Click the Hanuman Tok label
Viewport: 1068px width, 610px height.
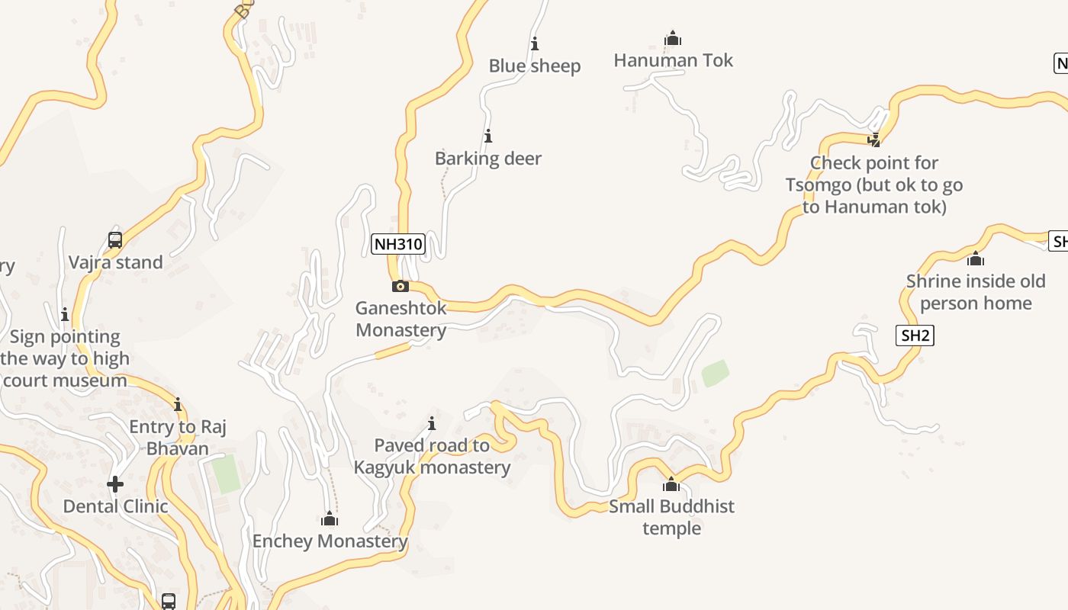[673, 60]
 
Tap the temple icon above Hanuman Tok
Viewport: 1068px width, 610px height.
[673, 38]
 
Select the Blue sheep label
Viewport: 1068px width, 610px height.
[535, 66]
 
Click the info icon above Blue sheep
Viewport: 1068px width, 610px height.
[535, 43]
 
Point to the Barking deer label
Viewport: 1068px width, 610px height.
[488, 159]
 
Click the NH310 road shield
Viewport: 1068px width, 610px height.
[397, 244]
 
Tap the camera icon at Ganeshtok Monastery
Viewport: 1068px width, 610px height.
[400, 287]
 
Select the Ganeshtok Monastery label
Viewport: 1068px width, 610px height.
[401, 319]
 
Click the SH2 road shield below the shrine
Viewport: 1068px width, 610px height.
[915, 335]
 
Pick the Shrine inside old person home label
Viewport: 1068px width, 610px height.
[976, 292]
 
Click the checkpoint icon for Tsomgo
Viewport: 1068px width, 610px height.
[874, 140]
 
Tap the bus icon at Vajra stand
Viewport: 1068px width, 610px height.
[115, 240]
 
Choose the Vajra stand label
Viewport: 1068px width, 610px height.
[116, 262]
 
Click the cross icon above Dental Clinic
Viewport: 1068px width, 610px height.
[115, 484]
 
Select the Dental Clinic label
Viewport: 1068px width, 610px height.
[115, 506]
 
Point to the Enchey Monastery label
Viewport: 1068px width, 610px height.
[330, 541]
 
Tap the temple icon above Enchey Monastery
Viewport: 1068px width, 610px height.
[330, 519]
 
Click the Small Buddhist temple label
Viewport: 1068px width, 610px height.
[671, 517]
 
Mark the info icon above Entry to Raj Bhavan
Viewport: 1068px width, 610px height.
[178, 404]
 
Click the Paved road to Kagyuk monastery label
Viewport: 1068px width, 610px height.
[432, 456]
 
